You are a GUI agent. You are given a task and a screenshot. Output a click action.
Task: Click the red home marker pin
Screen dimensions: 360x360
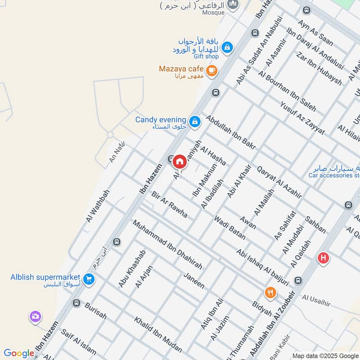pyautogui.click(x=180, y=161)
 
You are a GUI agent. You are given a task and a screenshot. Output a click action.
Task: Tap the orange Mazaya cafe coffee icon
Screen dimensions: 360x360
pyautogui.click(x=211, y=70)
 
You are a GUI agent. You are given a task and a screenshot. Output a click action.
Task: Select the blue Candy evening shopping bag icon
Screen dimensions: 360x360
pyautogui.click(x=195, y=121)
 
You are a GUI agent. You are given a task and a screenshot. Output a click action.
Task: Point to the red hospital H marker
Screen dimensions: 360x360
pyautogui.click(x=323, y=258)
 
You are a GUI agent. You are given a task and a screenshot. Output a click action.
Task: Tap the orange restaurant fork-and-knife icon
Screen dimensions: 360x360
pyautogui.click(x=270, y=292)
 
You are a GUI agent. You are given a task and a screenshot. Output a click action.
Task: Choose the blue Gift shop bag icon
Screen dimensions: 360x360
pyautogui.click(x=227, y=47)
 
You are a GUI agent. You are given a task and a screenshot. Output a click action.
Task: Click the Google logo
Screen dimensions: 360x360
pyautogui.click(x=18, y=353)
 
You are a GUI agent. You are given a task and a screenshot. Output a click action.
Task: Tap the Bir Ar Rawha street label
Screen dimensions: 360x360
pyautogui.click(x=170, y=204)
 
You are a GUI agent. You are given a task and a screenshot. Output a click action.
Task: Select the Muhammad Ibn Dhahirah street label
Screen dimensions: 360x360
pyautogui.click(x=167, y=245)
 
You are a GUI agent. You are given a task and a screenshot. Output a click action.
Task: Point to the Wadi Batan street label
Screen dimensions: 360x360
pyautogui.click(x=229, y=227)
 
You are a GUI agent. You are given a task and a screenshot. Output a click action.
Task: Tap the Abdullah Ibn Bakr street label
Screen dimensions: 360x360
pyautogui.click(x=231, y=132)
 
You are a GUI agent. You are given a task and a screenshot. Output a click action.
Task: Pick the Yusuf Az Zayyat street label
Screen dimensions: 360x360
pyautogui.click(x=302, y=118)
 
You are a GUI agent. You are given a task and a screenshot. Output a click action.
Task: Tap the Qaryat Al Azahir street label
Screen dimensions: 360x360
pyautogui.click(x=279, y=182)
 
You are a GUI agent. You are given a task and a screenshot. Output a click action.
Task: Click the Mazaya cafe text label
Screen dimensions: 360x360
pyautogui.click(x=181, y=69)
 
